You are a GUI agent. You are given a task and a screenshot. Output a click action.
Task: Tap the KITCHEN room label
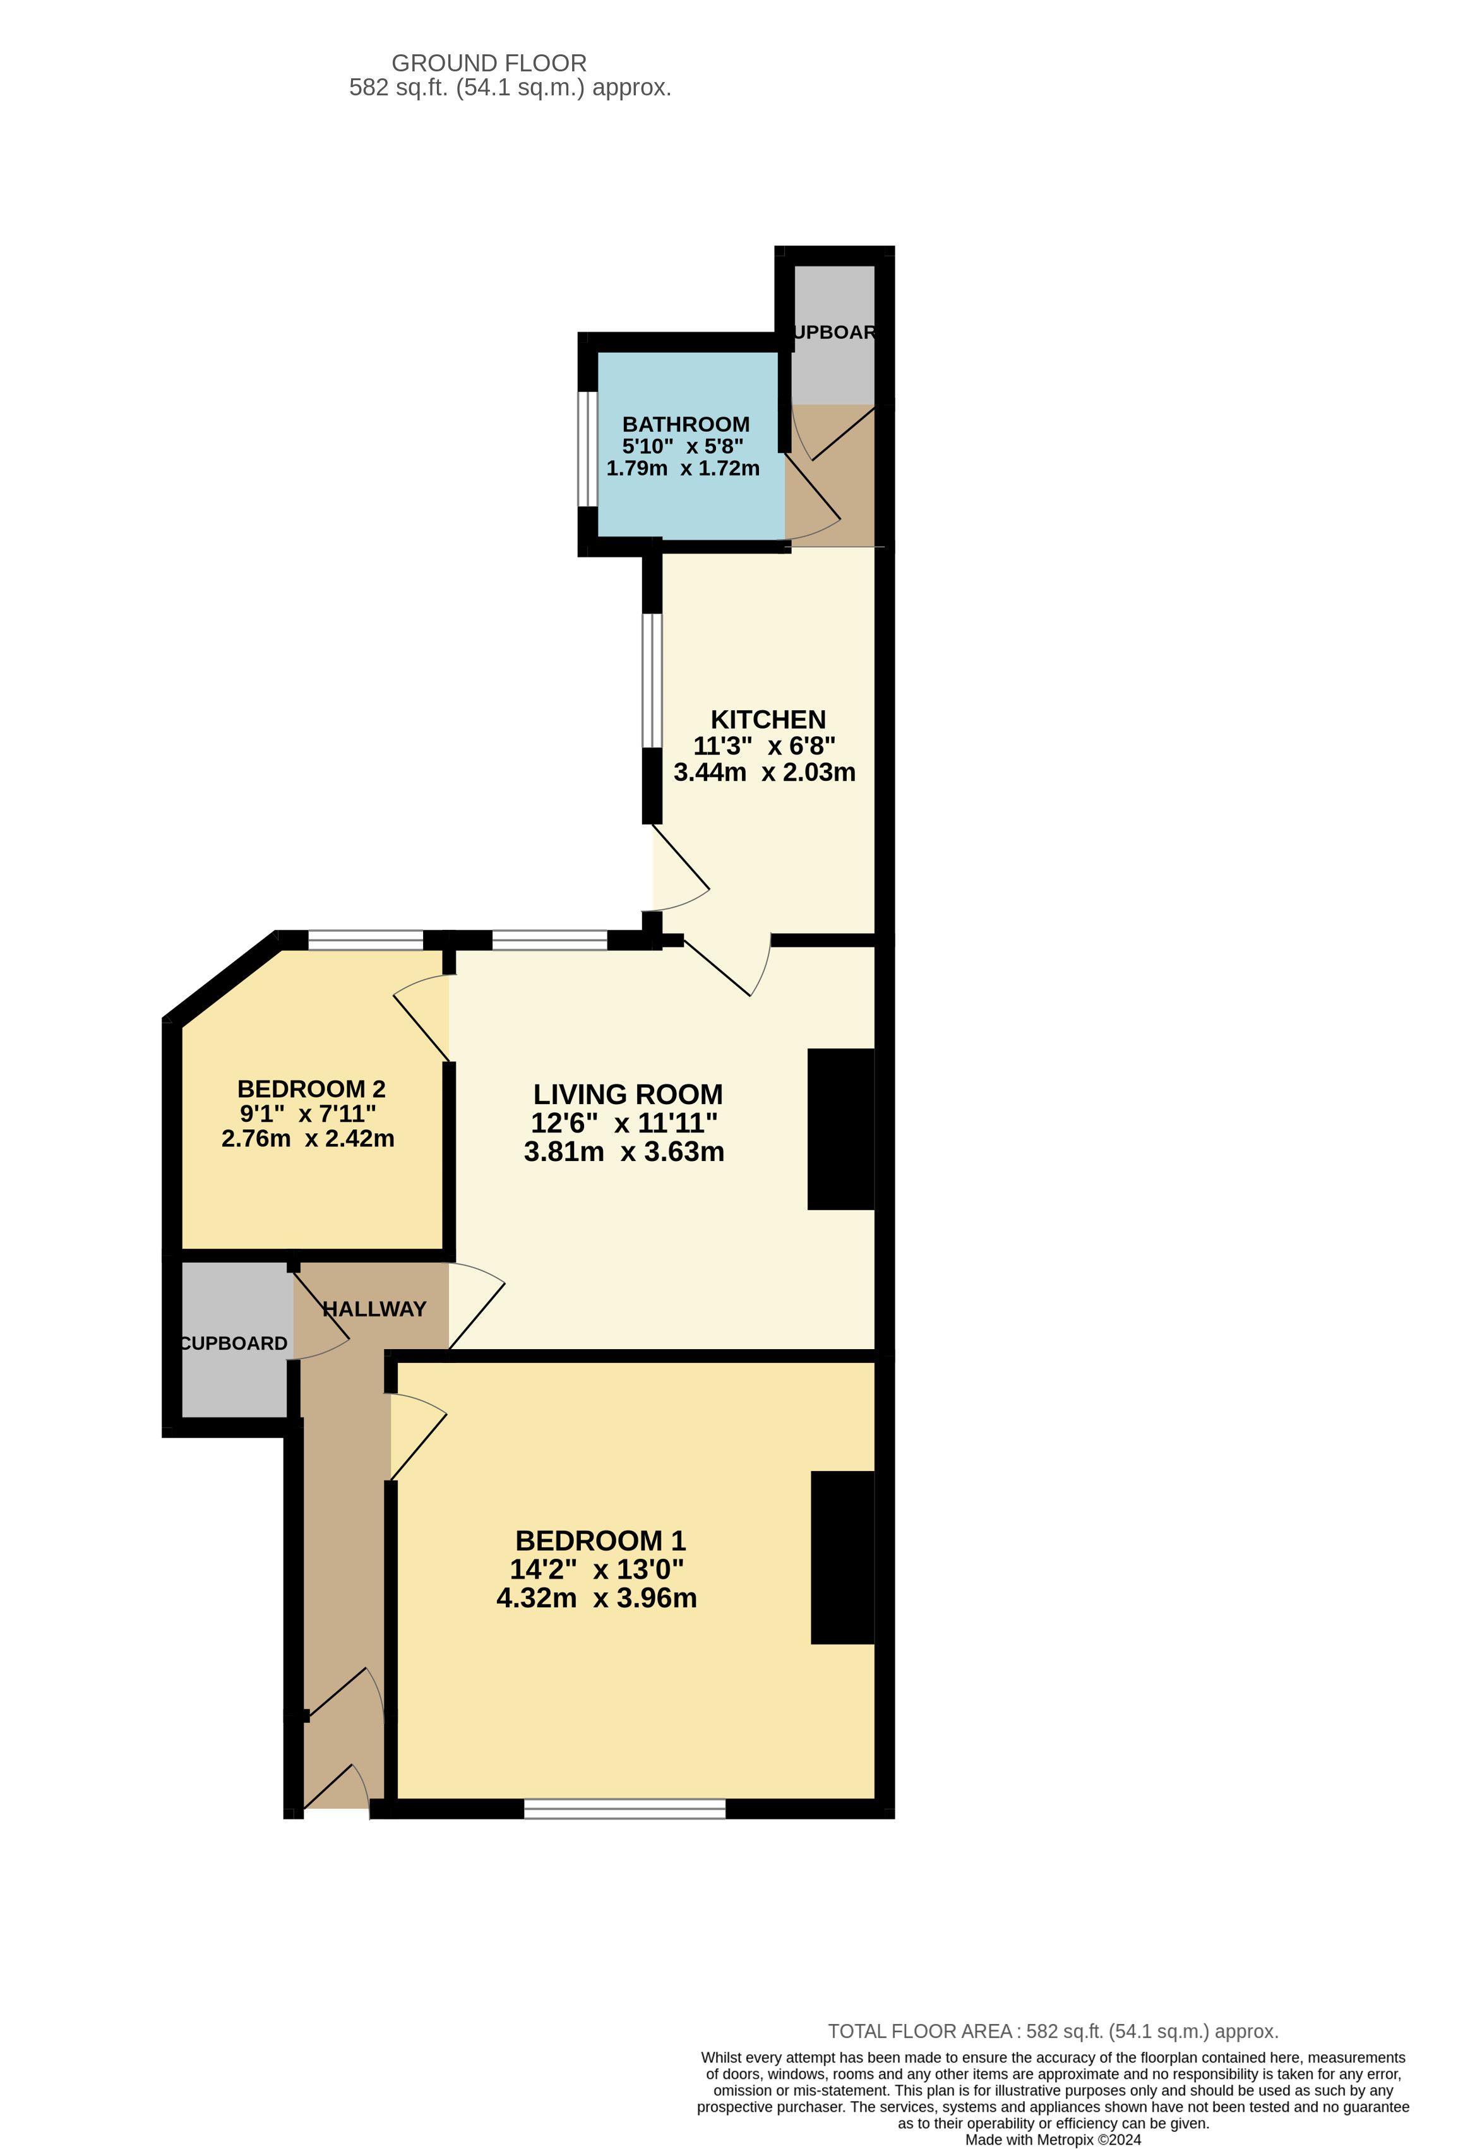pyautogui.click(x=768, y=720)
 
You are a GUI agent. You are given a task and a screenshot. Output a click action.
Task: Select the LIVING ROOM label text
pyautogui.click(x=628, y=1095)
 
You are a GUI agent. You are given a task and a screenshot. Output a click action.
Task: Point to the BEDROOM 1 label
pyautogui.click(x=600, y=1540)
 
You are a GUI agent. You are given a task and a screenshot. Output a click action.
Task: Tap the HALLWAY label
pyautogui.click(x=374, y=1309)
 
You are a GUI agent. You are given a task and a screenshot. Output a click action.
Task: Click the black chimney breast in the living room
pyautogui.click(x=840, y=1128)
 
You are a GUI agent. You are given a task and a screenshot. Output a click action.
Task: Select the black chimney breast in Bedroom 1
pyautogui.click(x=842, y=1558)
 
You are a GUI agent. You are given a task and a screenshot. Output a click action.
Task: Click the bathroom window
pyautogui.click(x=587, y=449)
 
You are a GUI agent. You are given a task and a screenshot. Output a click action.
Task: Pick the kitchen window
pyautogui.click(x=653, y=680)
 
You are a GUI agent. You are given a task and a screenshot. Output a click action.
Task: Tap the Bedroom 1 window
pyautogui.click(x=625, y=1809)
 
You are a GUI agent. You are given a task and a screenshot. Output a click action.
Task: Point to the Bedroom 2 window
pyautogui.click(x=366, y=941)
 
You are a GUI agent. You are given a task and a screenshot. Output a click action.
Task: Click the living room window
pyautogui.click(x=549, y=941)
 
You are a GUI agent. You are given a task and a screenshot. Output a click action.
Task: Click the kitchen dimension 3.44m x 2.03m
pyautogui.click(x=765, y=772)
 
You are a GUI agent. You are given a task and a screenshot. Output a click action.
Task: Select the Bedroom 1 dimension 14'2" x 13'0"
pyautogui.click(x=597, y=1569)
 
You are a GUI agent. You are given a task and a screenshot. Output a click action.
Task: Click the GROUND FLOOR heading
pyautogui.click(x=489, y=63)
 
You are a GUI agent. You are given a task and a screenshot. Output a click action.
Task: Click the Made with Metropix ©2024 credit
pyautogui.click(x=1053, y=2140)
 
